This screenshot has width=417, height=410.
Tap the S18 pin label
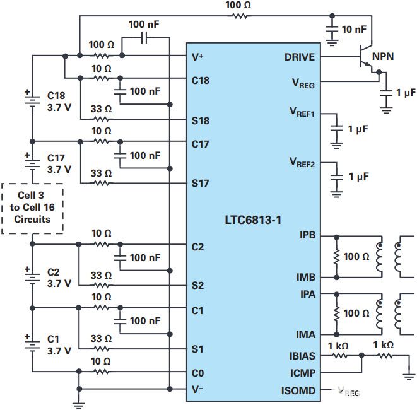[201, 120]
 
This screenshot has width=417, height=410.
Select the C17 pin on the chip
[201, 144]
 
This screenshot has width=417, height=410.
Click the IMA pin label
[306, 334]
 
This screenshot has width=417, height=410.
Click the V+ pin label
[197, 57]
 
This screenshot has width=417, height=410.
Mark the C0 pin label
[198, 373]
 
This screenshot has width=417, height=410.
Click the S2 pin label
[198, 285]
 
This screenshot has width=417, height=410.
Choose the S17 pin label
[201, 184]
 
